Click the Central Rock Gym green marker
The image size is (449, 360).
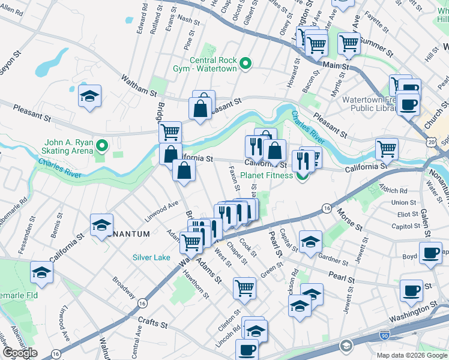pyautogui.click(x=245, y=63)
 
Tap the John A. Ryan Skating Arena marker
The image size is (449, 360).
pyautogui.click(x=101, y=145)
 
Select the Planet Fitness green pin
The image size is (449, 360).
pyautogui.click(x=302, y=175)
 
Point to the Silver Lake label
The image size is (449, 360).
pyautogui.click(x=151, y=257)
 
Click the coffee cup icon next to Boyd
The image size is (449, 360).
pyautogui.click(x=430, y=253)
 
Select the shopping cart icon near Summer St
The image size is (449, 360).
pyautogui.click(x=348, y=43)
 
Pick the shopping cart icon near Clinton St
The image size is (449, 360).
pyautogui.click(x=245, y=288)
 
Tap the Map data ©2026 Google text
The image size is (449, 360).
pyautogui.click(x=411, y=355)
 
